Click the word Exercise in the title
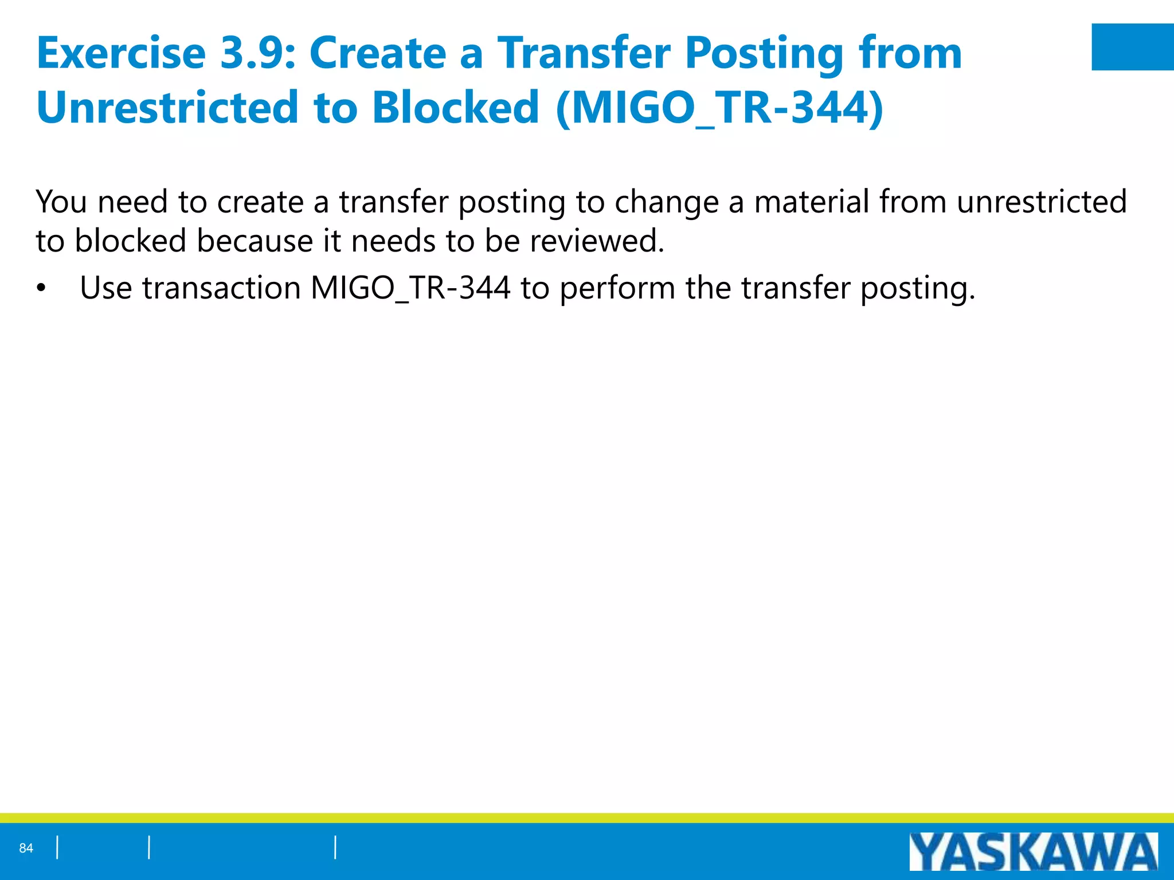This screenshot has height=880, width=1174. pyautogui.click(x=121, y=53)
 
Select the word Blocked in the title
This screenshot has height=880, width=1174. pyautogui.click(x=456, y=107)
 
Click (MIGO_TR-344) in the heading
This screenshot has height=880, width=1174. pyautogui.click(x=719, y=107)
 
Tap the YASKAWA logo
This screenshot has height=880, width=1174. pyautogui.click(x=1033, y=852)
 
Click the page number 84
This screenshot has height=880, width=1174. pyautogui.click(x=26, y=848)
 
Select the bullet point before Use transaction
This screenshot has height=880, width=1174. pyautogui.click(x=40, y=288)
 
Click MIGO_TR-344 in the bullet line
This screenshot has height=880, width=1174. pyautogui.click(x=410, y=288)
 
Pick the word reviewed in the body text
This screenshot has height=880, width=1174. pyautogui.click(x=596, y=241)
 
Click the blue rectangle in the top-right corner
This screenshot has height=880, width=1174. pyautogui.click(x=1132, y=47)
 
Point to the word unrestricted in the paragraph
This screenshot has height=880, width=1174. pyautogui.click(x=1042, y=202)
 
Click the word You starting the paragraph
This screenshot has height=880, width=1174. pyautogui.click(x=61, y=202)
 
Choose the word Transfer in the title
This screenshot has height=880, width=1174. pyautogui.click(x=583, y=53)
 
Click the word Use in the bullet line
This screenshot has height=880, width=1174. pyautogui.click(x=106, y=288)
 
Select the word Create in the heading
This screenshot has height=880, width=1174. pyautogui.click(x=378, y=53)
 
